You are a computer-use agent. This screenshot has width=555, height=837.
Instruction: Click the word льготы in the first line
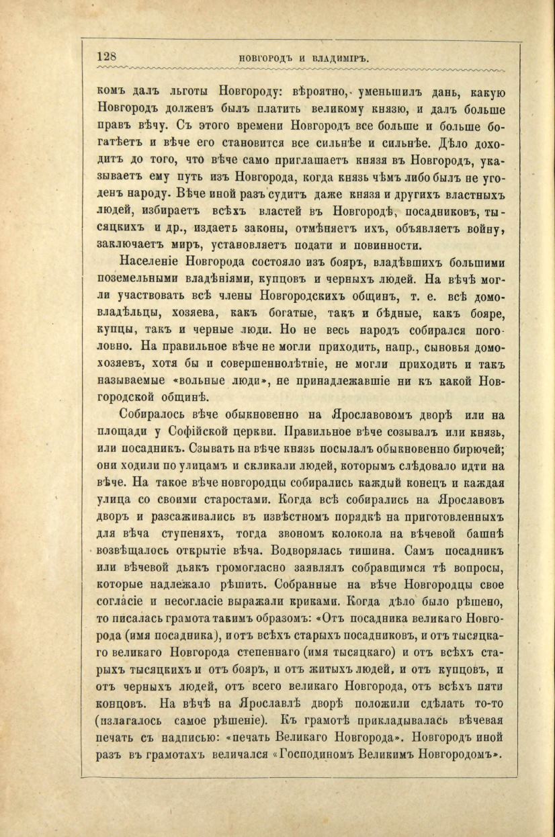tap(183, 93)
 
